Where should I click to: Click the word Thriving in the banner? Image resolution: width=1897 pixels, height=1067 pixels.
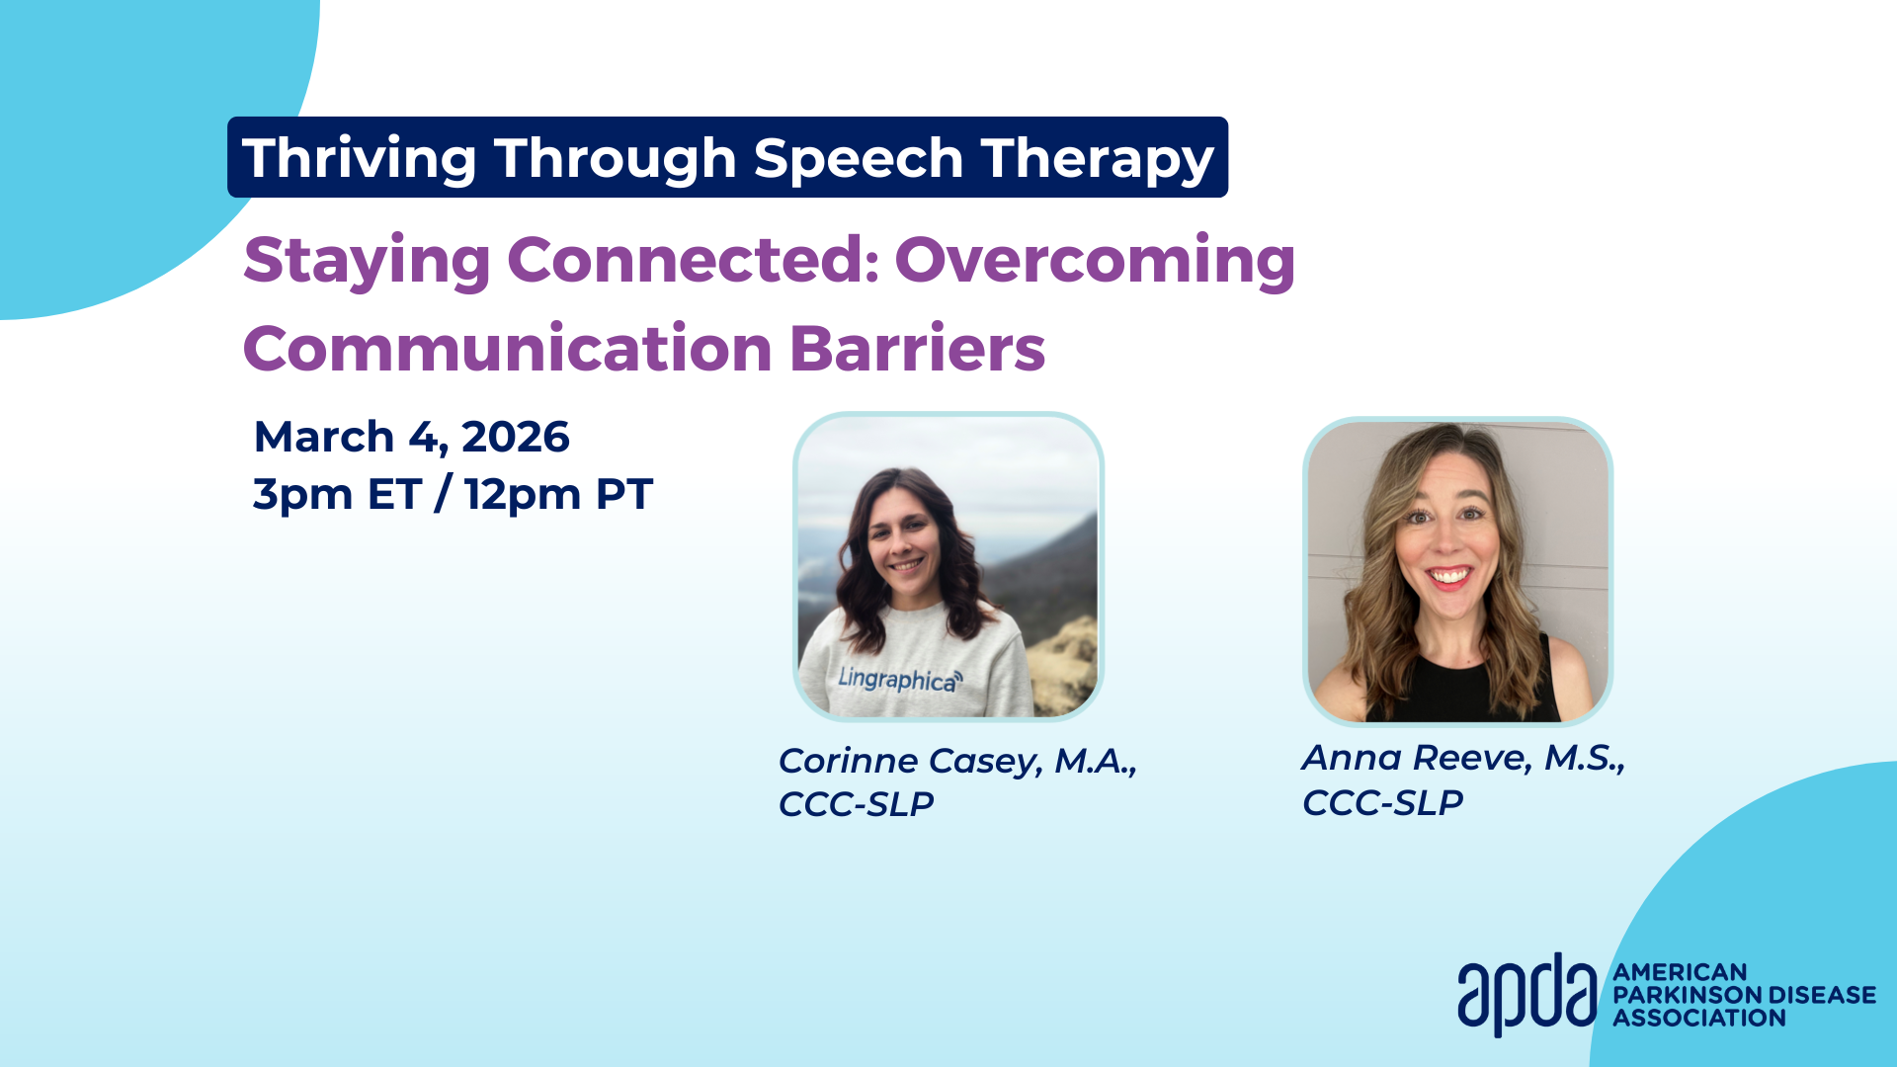(360, 159)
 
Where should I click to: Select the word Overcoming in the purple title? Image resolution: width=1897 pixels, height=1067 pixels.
(1095, 262)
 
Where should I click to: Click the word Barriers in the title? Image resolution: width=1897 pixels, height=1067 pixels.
(917, 349)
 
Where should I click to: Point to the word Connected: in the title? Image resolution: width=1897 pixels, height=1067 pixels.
(694, 260)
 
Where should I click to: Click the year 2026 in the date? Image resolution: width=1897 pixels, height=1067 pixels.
(516, 437)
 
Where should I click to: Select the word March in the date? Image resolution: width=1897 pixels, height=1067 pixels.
(324, 437)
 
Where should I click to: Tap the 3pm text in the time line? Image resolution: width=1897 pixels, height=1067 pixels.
(302, 495)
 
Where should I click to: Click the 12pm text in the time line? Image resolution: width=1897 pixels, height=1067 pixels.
(523, 495)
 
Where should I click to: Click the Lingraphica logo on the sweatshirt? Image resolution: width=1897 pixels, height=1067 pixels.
(899, 680)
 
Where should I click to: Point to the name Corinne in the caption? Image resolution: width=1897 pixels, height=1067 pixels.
(848, 761)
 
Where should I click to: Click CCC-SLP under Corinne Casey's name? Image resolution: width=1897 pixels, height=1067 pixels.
(856, 804)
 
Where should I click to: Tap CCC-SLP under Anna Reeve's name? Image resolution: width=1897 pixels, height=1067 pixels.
(1382, 802)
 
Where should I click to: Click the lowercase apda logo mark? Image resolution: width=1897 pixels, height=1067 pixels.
(1526, 994)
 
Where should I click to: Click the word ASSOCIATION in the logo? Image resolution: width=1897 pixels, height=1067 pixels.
(1699, 1018)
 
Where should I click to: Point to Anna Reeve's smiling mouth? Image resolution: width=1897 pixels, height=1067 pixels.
(1449, 576)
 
